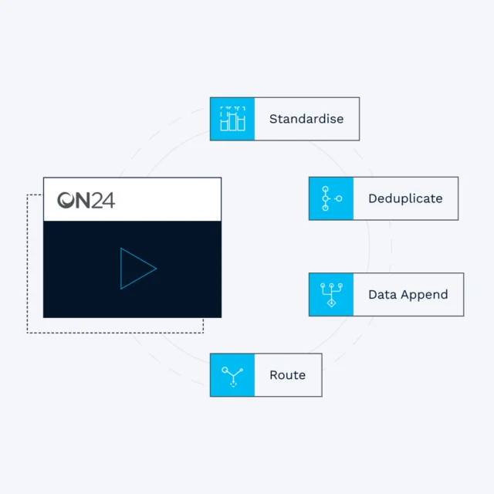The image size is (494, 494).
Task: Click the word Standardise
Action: coord(306,119)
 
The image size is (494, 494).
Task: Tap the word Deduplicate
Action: coord(405,198)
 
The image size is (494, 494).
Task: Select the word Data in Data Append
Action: coord(382,294)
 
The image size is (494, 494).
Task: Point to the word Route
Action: coord(287,375)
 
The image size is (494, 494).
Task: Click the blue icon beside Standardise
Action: coord(232,119)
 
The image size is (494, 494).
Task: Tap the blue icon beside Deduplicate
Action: coord(331,198)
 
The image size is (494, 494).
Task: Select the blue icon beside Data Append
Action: coord(331,294)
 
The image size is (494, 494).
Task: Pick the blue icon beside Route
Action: coord(232,375)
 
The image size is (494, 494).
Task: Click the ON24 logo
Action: coord(86,201)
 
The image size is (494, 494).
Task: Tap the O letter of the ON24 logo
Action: coord(67,201)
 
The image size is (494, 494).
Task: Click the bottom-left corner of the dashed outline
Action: coord(28,333)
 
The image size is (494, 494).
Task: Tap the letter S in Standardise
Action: coord(273,119)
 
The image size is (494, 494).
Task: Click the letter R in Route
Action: coord(273,375)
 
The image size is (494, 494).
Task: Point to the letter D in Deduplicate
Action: coord(372,198)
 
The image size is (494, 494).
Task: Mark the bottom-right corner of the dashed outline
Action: coord(203,333)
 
